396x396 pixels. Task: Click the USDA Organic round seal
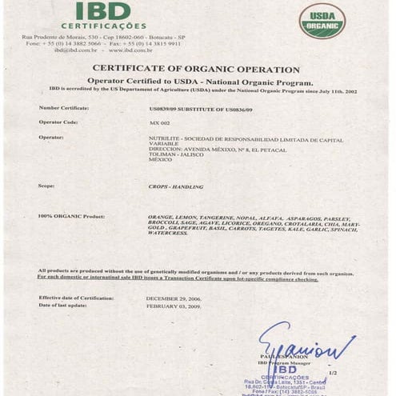[x=322, y=21]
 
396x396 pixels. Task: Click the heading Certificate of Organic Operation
[x=196, y=70]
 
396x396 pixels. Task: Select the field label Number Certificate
[x=64, y=107]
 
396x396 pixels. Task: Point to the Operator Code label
[x=58, y=122]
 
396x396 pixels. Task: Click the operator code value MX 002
[x=160, y=123]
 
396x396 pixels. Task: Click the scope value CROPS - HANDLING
[x=176, y=186]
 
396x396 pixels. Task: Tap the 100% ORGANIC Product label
[x=72, y=217]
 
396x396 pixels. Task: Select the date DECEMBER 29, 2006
[x=173, y=298]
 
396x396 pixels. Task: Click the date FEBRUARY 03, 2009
[x=173, y=306]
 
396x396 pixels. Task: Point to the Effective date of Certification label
[x=76, y=298]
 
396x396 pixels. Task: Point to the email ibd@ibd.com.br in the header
[x=76, y=50]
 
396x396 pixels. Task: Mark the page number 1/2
[x=333, y=373]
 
